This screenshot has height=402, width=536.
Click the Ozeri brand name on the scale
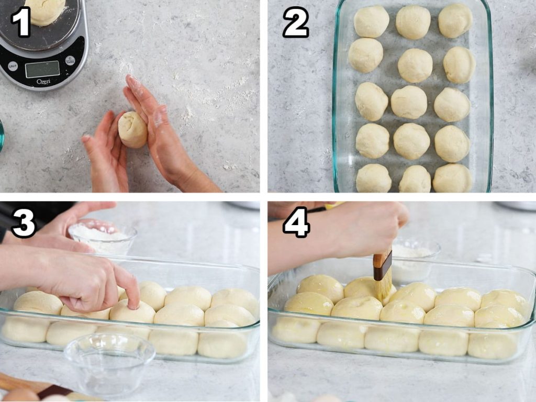point(43,82)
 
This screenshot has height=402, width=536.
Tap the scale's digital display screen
point(42,69)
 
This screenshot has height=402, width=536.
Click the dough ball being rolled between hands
point(133,129)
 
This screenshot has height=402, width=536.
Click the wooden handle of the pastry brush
point(383,265)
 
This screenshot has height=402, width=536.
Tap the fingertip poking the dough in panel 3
point(134,304)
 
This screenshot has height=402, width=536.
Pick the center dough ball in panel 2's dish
point(409,102)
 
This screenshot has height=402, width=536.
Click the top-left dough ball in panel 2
point(371,21)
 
